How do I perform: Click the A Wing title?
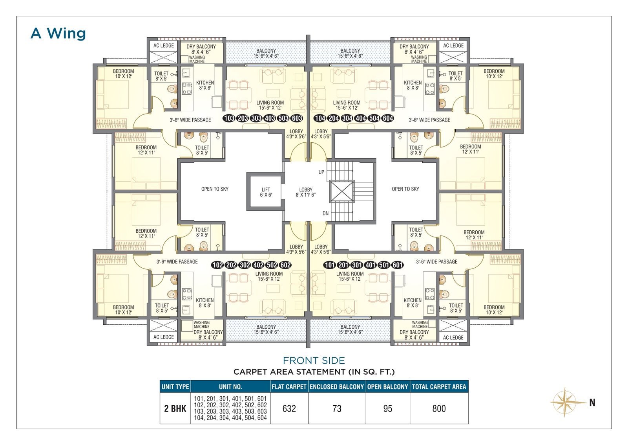click(x=58, y=33)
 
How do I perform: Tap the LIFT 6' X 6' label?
click(x=266, y=192)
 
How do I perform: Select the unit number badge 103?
click(x=229, y=118)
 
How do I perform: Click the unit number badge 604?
click(x=388, y=118)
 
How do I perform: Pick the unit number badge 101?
click(x=330, y=265)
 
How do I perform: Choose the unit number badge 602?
click(x=285, y=265)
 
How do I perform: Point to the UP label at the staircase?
click(x=321, y=172)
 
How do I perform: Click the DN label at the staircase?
click(x=325, y=213)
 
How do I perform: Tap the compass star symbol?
click(x=565, y=402)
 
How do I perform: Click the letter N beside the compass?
click(x=592, y=403)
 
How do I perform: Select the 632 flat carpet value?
click(x=289, y=408)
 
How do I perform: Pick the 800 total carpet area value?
click(x=439, y=408)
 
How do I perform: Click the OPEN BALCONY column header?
click(x=388, y=386)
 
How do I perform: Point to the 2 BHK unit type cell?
click(x=175, y=408)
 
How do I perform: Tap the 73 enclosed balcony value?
click(x=337, y=408)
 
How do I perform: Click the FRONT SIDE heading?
click(x=314, y=360)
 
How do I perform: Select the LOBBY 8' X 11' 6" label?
click(x=306, y=192)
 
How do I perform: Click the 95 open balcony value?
click(x=388, y=408)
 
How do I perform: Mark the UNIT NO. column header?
click(x=230, y=386)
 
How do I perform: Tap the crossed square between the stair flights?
click(x=342, y=191)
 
